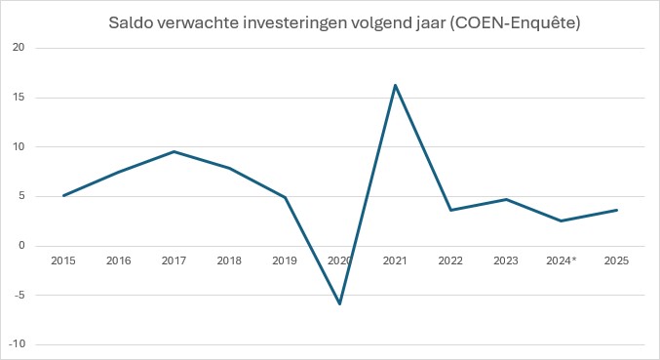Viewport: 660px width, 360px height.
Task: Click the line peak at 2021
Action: [x=395, y=85]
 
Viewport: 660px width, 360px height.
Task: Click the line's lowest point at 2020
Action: [x=340, y=303]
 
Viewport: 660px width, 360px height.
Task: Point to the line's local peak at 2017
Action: [x=174, y=151]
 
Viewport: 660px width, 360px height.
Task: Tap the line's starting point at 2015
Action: [x=63, y=195]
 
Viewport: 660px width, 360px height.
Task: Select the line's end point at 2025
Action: [x=616, y=210]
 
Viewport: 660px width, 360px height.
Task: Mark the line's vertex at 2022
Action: [x=450, y=210]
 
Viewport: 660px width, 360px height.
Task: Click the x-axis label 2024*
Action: [x=562, y=260]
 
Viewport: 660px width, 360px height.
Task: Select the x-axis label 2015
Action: [x=63, y=260]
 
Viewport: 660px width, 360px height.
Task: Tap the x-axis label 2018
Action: [x=229, y=260]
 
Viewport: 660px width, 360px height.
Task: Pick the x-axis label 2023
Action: [x=506, y=260]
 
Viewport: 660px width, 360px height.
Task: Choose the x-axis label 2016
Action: [x=119, y=260]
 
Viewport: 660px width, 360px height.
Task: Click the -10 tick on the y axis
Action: [x=18, y=344]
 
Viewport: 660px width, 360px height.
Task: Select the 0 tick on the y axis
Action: [x=22, y=246]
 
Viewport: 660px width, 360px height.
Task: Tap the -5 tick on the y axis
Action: [x=19, y=295]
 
